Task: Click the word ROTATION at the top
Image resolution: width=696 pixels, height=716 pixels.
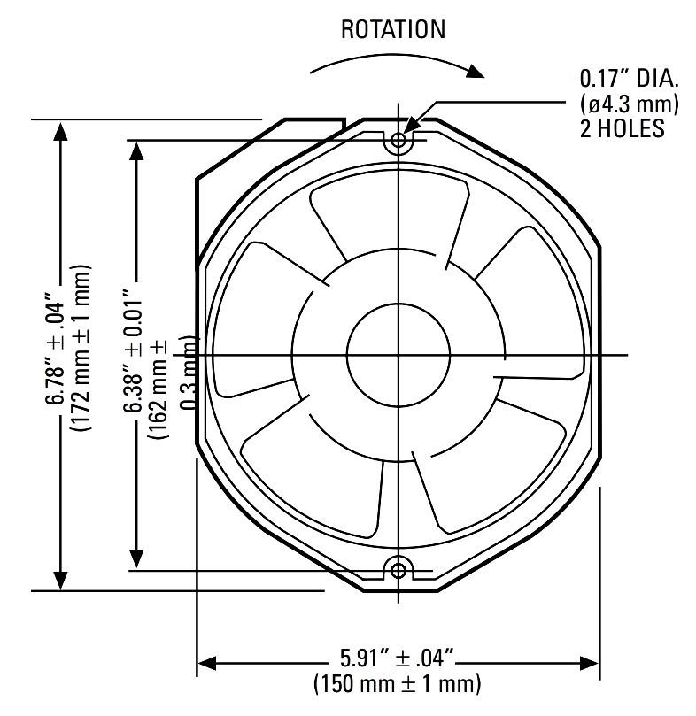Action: [393, 29]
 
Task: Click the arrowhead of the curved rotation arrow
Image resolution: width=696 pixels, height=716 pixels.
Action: [476, 71]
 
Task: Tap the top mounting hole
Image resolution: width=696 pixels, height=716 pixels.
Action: [398, 140]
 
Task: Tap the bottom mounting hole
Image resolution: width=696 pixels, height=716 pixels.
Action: [398, 570]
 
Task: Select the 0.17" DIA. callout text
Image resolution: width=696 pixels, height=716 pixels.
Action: [630, 79]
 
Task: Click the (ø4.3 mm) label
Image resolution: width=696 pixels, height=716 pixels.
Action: [630, 104]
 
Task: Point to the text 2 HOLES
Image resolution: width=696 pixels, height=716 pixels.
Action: [622, 128]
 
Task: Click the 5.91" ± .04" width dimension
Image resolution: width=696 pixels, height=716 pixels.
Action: [397, 658]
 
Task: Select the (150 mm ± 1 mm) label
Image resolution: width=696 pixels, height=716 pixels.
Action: [397, 684]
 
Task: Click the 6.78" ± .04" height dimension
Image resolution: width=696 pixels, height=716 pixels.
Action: [56, 354]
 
